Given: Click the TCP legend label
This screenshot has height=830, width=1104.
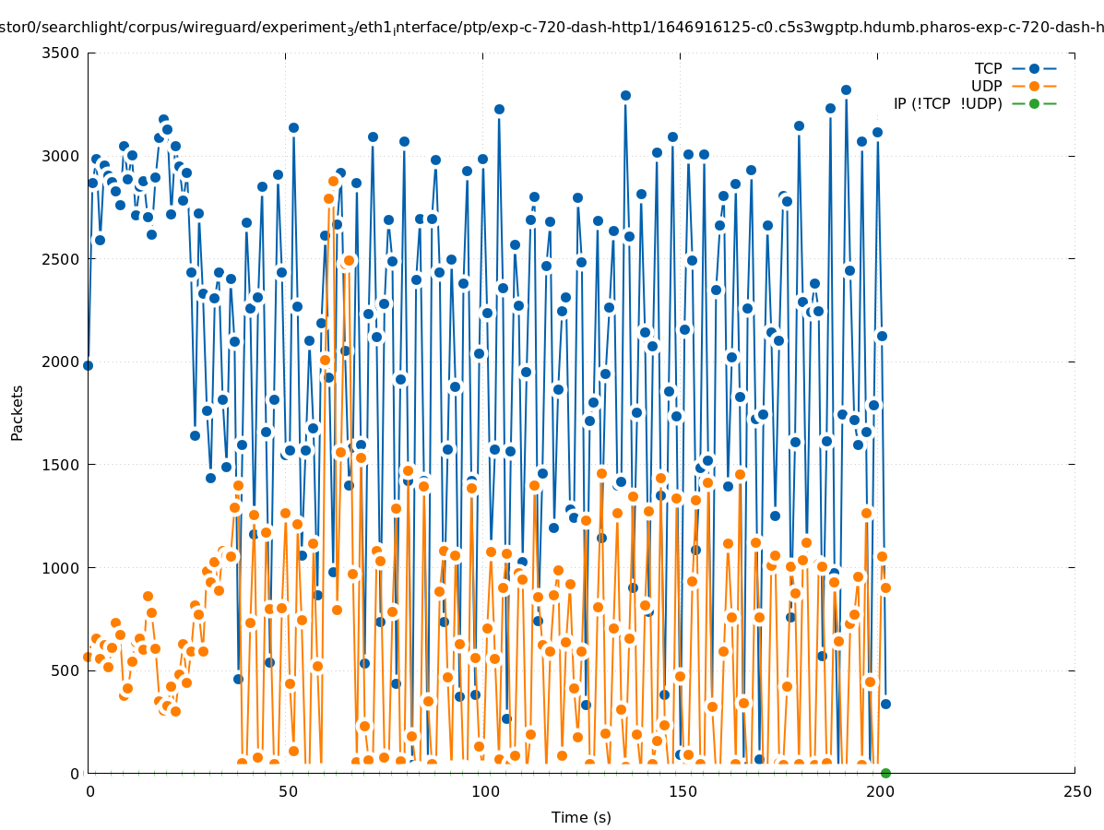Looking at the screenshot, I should (x=988, y=68).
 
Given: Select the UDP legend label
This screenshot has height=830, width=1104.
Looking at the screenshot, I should (x=986, y=86).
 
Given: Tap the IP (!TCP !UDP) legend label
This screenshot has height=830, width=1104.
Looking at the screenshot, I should (x=947, y=103).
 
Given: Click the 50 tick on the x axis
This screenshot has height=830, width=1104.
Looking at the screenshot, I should (x=287, y=792).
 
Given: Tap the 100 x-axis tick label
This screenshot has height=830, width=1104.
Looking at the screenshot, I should (x=484, y=792).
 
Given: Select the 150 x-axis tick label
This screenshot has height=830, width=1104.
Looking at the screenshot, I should (x=682, y=792).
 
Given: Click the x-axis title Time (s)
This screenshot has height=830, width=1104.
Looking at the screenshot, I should (x=581, y=817).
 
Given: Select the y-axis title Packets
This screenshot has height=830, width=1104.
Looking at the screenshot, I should (x=18, y=412).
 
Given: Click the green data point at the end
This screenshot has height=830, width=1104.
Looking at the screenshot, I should (x=885, y=773).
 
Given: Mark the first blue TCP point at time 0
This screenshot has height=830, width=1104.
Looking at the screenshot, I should (x=88, y=365).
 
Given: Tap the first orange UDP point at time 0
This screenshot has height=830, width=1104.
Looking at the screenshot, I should (x=88, y=657).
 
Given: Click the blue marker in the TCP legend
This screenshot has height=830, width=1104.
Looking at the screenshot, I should (x=1034, y=68).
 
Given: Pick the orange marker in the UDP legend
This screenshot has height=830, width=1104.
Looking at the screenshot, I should (x=1034, y=86).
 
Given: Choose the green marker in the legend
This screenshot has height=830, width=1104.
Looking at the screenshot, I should (x=1034, y=103).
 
